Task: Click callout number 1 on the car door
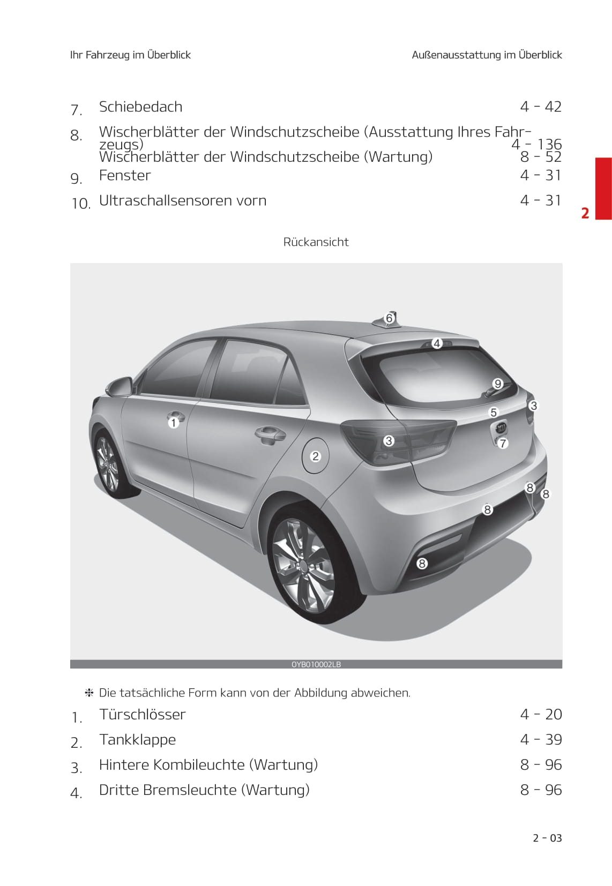pyautogui.click(x=173, y=423)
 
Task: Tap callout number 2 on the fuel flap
pyautogui.click(x=316, y=456)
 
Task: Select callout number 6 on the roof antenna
pyautogui.click(x=390, y=318)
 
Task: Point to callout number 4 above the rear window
pyautogui.click(x=437, y=343)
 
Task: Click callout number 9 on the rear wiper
pyautogui.click(x=497, y=384)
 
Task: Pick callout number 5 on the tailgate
pyautogui.click(x=494, y=412)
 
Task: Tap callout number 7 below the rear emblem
pyautogui.click(x=503, y=443)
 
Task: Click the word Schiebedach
pyautogui.click(x=140, y=107)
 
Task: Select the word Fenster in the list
pyautogui.click(x=125, y=175)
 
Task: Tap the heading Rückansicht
pyautogui.click(x=316, y=242)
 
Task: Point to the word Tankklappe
pyautogui.click(x=137, y=739)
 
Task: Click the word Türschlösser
pyautogui.click(x=142, y=714)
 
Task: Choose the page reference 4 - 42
pyautogui.click(x=541, y=107)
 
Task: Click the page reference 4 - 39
pyautogui.click(x=541, y=739)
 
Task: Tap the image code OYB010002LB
pyautogui.click(x=316, y=664)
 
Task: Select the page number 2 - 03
pyautogui.click(x=547, y=838)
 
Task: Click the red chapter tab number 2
pyautogui.click(x=585, y=213)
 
